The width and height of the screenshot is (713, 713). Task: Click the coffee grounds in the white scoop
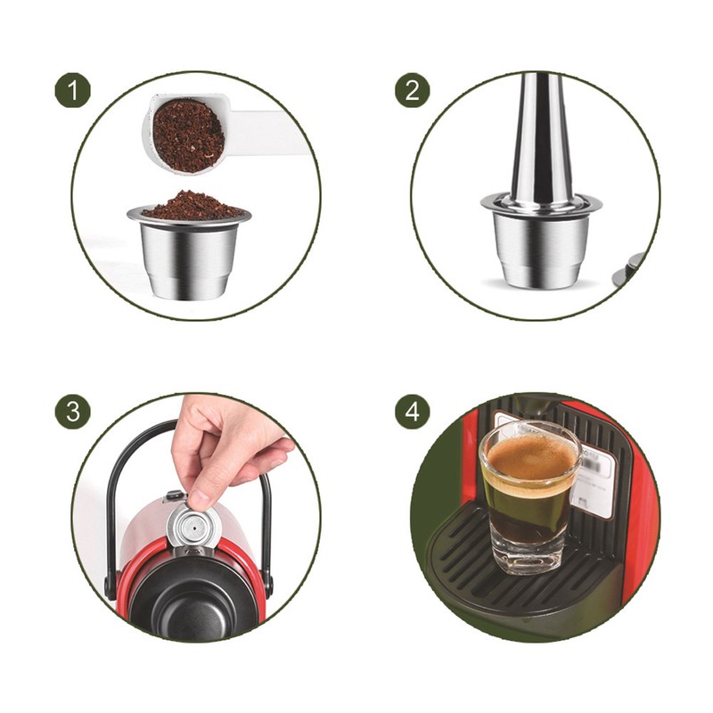[187, 135]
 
